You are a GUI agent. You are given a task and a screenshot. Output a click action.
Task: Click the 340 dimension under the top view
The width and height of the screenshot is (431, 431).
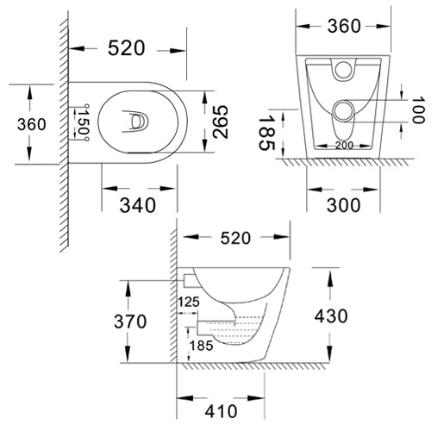point(137,204)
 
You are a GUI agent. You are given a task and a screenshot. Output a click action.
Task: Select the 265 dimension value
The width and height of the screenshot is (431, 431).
point(219,125)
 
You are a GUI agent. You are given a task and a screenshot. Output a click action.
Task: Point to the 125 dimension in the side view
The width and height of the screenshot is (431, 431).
point(188,303)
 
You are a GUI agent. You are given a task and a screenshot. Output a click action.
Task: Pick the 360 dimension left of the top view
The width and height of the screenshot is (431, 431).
point(32,125)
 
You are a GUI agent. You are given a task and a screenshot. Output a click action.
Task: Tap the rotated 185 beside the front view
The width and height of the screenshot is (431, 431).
point(269,136)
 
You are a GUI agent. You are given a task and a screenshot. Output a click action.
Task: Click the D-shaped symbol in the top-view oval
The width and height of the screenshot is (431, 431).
point(135,124)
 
